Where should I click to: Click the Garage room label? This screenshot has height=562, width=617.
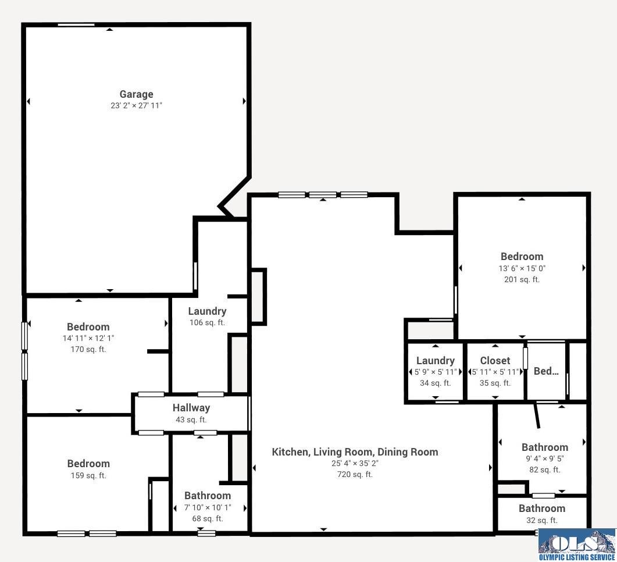tap(136, 94)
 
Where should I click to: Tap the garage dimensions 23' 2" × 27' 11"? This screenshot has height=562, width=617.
tap(136, 105)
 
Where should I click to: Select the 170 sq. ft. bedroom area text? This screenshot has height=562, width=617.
tap(88, 350)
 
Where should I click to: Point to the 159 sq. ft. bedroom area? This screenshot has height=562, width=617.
tap(88, 475)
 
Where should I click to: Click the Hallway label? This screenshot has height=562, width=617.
tap(191, 408)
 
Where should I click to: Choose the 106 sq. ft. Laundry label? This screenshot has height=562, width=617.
tap(207, 311)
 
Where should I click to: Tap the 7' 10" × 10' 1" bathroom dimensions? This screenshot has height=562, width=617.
tap(208, 508)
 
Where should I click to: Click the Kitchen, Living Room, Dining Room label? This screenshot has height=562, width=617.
tap(355, 452)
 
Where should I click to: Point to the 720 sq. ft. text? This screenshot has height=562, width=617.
tap(355, 474)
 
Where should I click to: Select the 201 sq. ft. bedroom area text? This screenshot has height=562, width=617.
tap(522, 279)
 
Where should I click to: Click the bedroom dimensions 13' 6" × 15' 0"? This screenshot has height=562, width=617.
tap(522, 268)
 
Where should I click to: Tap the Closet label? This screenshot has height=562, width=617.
tap(495, 361)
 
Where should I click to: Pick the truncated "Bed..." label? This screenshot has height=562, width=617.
tap(546, 371)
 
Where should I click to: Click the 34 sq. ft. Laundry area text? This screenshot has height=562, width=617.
tap(435, 383)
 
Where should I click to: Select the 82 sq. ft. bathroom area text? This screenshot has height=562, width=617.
tap(544, 469)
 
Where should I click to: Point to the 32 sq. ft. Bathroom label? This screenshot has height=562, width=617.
tap(542, 508)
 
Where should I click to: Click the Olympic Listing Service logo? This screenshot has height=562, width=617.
tap(577, 545)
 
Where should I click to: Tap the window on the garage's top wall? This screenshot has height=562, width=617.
tap(76, 25)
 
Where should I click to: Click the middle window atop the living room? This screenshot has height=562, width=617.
tap(323, 194)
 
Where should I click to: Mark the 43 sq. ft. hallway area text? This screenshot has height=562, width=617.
tap(191, 419)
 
